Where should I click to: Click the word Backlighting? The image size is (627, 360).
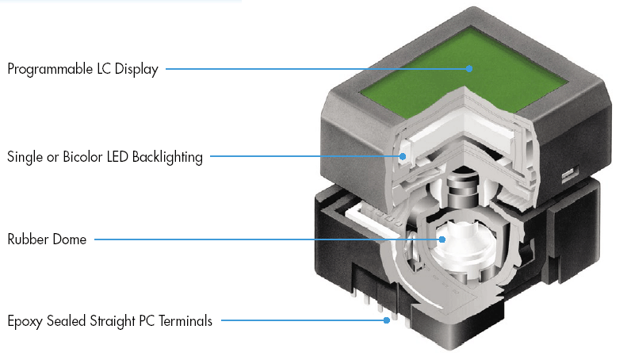167,157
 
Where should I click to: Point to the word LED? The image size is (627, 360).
115,157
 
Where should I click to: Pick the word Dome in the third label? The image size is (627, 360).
71,239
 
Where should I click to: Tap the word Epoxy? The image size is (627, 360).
26,322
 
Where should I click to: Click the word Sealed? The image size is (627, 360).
69,322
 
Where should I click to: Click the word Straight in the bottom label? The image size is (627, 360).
116,322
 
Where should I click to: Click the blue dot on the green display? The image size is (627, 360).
469,69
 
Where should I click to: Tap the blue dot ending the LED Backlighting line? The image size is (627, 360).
403,157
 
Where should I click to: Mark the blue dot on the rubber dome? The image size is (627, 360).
442,239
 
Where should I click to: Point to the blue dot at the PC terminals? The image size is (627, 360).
386,321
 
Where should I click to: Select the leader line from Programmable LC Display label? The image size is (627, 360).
317,69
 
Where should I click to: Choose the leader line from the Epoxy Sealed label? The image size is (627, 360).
301,321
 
